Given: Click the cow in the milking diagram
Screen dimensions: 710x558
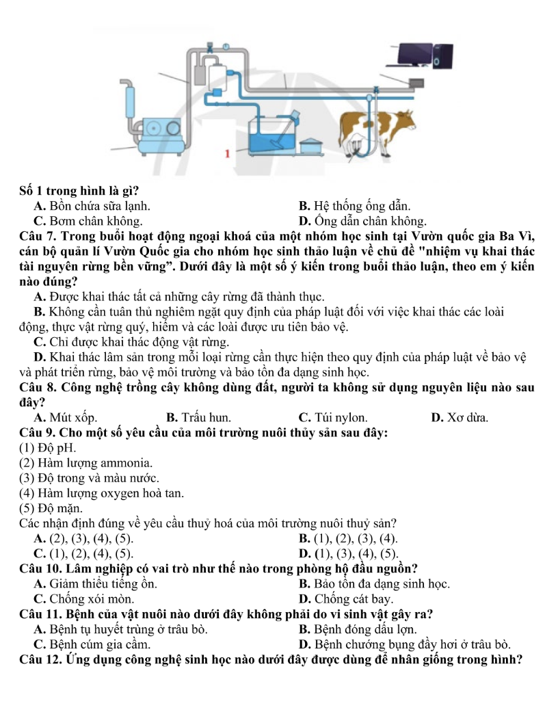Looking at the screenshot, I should click(x=383, y=130).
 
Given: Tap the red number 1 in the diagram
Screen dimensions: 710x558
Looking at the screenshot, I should click(x=226, y=153).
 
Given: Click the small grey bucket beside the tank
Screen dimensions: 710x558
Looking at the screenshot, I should click(x=313, y=145).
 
